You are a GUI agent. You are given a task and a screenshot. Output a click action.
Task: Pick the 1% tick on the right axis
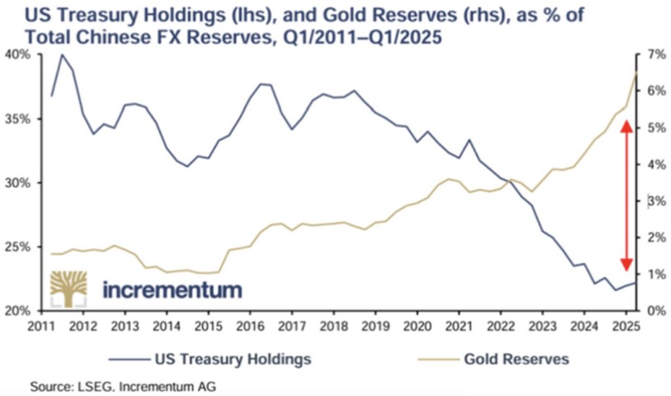point(655,274)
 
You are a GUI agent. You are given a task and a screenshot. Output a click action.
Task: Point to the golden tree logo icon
point(68,288)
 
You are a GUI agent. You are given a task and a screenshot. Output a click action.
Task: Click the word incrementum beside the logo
point(172,289)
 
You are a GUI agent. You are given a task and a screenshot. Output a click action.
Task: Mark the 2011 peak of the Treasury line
point(62,54)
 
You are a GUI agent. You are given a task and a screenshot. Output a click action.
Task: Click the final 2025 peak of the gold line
point(636,71)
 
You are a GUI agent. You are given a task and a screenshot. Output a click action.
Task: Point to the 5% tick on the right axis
point(655,128)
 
